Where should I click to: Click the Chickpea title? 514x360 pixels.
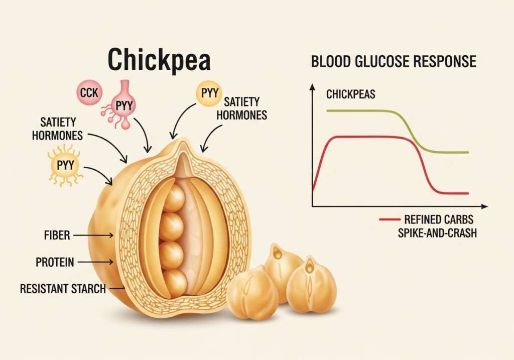pos(160,60)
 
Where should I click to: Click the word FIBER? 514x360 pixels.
pos(56,234)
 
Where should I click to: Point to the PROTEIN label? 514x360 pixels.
pos(55,262)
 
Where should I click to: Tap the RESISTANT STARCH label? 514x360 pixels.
pos(63,289)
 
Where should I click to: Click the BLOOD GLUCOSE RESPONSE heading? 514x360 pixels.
pos(394,62)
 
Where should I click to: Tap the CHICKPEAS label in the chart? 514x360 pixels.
pos(350,94)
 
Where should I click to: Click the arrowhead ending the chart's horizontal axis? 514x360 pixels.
pos(484,206)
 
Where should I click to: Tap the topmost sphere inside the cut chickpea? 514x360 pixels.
pos(174,199)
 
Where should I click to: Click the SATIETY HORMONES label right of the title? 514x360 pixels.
pos(245,108)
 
